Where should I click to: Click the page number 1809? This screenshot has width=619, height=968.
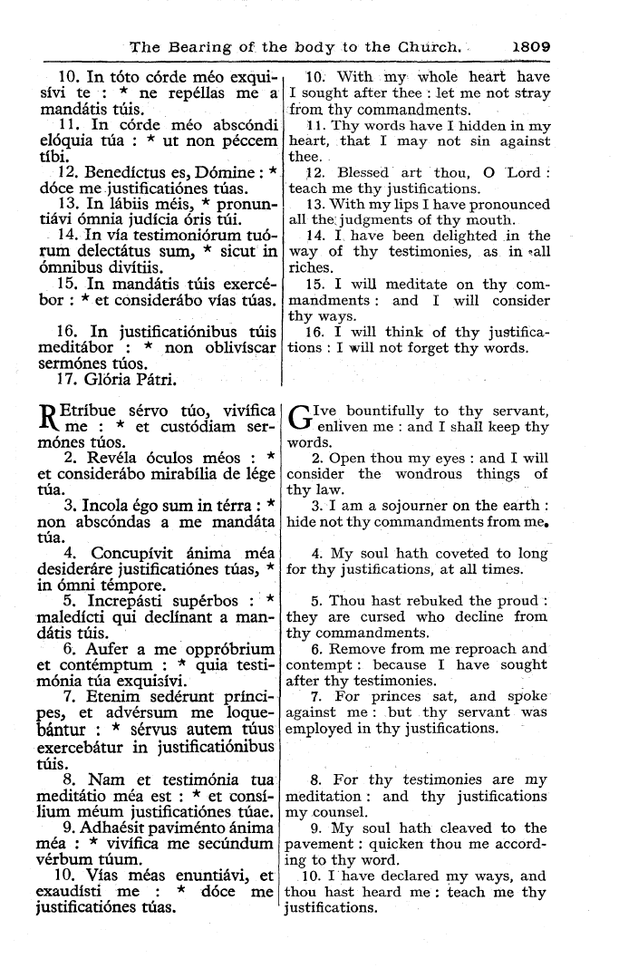pyautogui.click(x=537, y=44)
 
